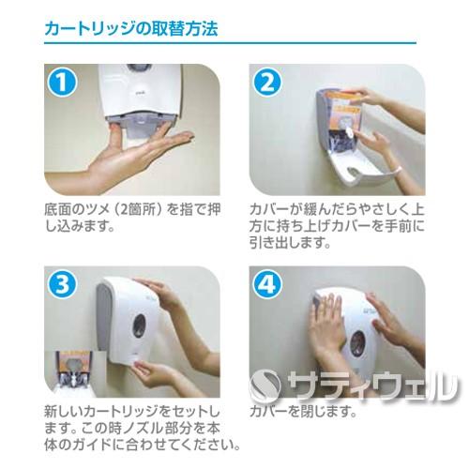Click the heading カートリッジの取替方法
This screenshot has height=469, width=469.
(x=130, y=28)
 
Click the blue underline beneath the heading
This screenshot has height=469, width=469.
(x=234, y=44)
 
